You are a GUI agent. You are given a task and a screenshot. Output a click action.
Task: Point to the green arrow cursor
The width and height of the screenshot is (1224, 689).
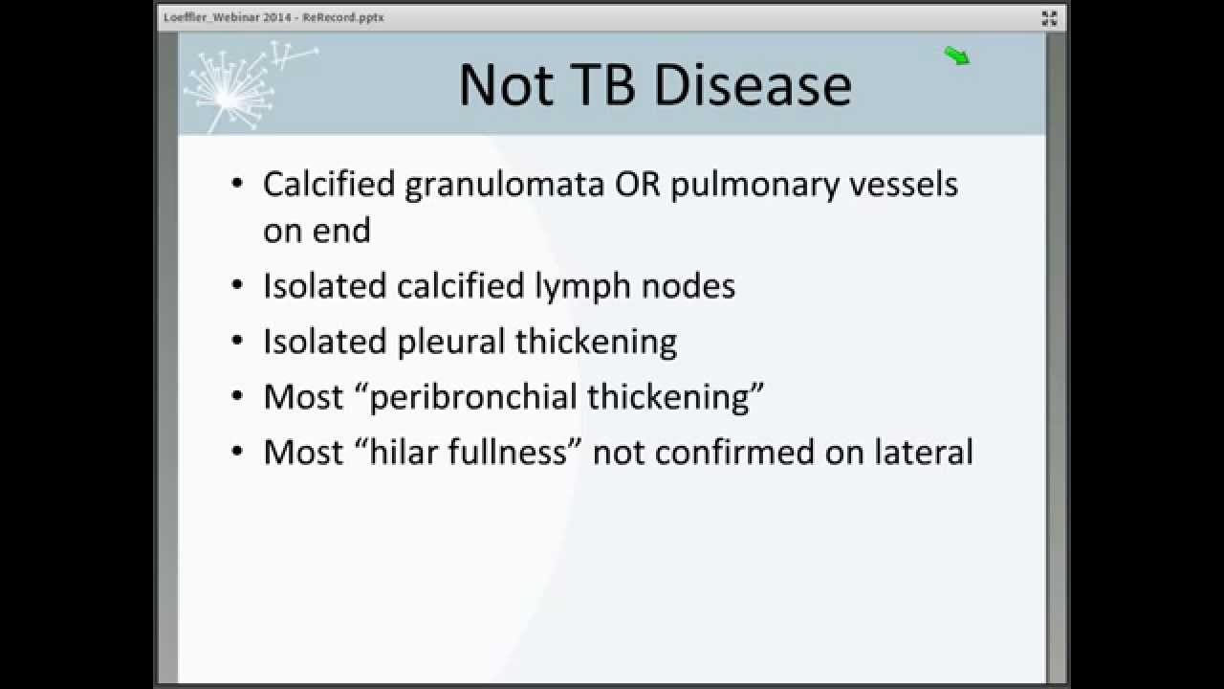957,56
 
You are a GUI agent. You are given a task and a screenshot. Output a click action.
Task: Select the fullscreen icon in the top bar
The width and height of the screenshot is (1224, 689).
1049,17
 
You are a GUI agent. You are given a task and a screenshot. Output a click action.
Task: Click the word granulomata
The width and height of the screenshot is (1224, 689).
504,185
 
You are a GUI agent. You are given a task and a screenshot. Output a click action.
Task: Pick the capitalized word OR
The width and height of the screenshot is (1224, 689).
636,184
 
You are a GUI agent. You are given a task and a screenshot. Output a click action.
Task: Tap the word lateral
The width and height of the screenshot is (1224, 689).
924,452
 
